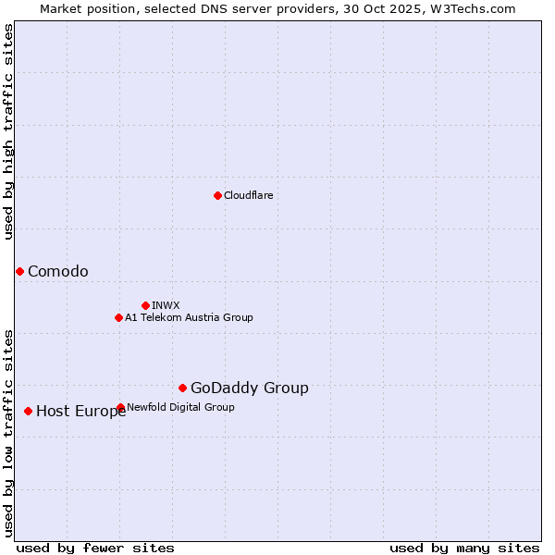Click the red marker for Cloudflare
pos(217,195)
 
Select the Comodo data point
pos(19,271)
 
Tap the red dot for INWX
pos(145,305)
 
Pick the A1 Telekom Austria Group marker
pos(118,317)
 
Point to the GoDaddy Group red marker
pos(182,388)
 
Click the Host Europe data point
pos(29,411)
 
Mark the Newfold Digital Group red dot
pos(120,407)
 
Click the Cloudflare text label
pos(248,195)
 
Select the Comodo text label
pos(58,271)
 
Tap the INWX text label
pos(166,305)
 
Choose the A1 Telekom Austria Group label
pos(189,317)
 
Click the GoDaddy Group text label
pos(250,388)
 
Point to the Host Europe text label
pos(81,412)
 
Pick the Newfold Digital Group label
pos(180,407)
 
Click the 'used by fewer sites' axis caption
pos(95,548)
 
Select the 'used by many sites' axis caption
pos(464,548)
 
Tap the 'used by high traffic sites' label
pos(8,131)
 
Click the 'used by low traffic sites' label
pos(8,432)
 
